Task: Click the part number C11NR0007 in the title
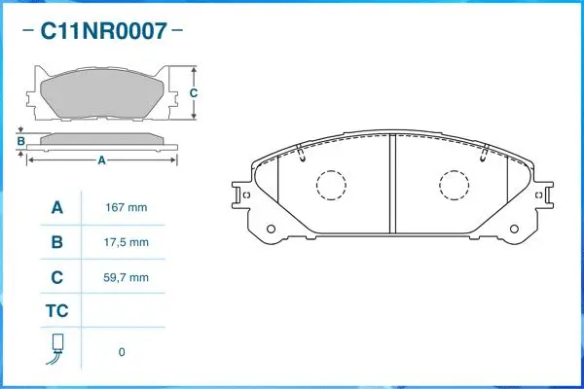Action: point(102,31)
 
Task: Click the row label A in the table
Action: point(56,208)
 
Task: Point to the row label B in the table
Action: point(56,242)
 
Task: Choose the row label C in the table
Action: point(56,277)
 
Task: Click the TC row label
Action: point(56,311)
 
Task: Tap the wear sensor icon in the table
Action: point(56,350)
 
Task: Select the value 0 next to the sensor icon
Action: point(122,351)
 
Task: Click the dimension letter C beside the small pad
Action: point(194,93)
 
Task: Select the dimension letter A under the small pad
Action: point(101,161)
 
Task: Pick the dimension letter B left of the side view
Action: point(19,141)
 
